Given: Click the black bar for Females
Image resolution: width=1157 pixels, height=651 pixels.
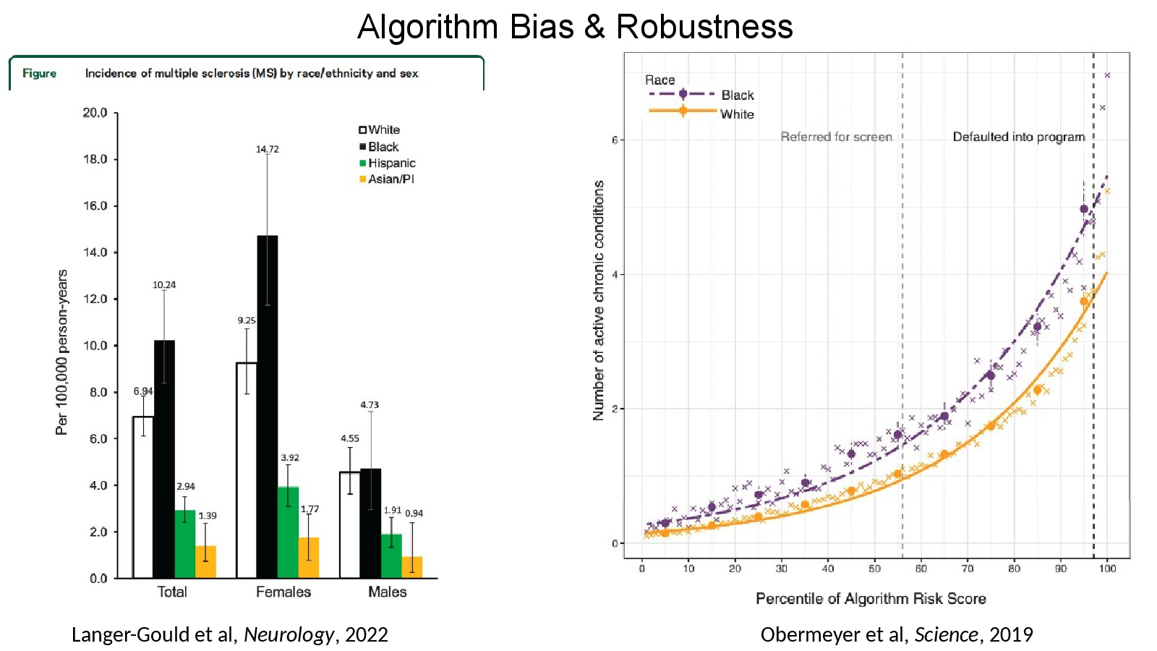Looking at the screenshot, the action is [x=267, y=407].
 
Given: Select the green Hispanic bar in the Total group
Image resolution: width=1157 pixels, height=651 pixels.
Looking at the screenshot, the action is [x=185, y=544].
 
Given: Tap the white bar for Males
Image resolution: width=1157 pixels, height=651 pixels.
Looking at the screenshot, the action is [x=350, y=525].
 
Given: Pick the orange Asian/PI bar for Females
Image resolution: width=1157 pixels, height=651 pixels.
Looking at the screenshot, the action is [x=309, y=558].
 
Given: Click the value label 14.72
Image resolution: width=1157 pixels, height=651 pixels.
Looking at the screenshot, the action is [x=267, y=149].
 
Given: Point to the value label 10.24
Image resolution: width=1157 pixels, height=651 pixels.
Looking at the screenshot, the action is [x=164, y=285].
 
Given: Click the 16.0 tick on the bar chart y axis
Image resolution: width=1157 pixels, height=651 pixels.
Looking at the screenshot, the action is [x=95, y=205].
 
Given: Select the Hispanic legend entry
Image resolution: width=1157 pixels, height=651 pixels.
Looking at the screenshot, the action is [x=388, y=163].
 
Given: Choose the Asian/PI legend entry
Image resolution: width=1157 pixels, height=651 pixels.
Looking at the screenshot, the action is [x=387, y=179].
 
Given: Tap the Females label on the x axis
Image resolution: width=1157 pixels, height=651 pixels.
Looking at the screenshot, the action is [x=283, y=592].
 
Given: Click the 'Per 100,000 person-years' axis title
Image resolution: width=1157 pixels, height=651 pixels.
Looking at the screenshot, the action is [x=62, y=352].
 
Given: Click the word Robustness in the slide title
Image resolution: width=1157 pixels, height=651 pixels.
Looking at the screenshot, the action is [x=704, y=26].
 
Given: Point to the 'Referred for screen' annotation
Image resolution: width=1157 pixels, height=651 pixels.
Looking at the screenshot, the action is [x=836, y=137].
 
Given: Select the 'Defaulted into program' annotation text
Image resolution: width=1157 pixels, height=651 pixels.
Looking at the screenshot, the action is [x=1019, y=137].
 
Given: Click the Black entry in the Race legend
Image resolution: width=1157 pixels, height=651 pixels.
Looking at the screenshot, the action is [x=701, y=95].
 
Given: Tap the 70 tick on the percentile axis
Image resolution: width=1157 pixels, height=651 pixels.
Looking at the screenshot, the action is [x=968, y=569].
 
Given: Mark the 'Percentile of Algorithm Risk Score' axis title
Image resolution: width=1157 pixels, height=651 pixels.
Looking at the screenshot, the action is [x=871, y=599].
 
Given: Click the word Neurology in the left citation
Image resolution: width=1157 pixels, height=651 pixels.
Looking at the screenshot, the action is [x=289, y=635].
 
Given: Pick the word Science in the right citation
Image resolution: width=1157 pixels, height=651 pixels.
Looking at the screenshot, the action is [x=947, y=634].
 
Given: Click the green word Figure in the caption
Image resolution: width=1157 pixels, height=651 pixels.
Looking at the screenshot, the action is [x=39, y=73].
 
